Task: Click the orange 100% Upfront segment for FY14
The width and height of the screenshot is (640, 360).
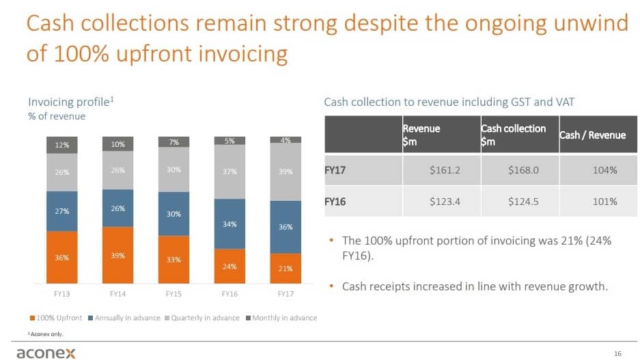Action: point(117,255)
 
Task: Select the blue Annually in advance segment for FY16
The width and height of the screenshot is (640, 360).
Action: point(229,224)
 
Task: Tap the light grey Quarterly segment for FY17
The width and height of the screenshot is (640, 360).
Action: point(286,172)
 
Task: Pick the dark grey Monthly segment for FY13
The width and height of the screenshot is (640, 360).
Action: point(61,145)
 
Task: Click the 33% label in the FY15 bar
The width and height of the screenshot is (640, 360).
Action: point(173,260)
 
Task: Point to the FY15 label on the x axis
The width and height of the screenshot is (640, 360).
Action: point(173,294)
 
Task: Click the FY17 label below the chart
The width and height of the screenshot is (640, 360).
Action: point(286,294)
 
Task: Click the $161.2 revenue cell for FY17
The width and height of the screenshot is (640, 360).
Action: point(445,170)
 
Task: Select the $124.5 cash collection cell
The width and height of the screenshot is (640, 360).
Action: point(523,202)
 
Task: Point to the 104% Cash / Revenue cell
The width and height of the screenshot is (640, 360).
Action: point(605,170)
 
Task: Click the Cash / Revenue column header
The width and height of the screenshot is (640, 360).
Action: point(592,135)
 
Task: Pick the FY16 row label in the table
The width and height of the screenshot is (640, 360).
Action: point(335,202)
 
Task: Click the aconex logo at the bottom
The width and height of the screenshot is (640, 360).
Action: point(46,351)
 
